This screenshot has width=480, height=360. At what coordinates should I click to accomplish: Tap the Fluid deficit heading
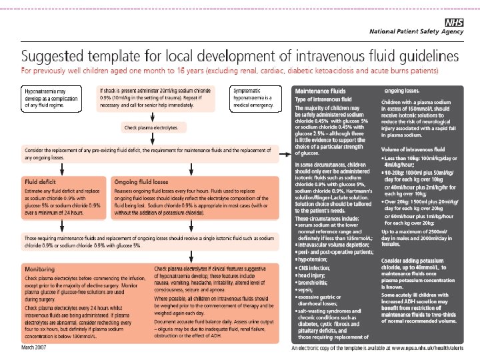tap(41, 180)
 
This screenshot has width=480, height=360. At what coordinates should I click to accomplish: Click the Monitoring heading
tap(39, 269)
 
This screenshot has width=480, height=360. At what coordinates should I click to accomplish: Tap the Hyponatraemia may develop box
tap(53, 98)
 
